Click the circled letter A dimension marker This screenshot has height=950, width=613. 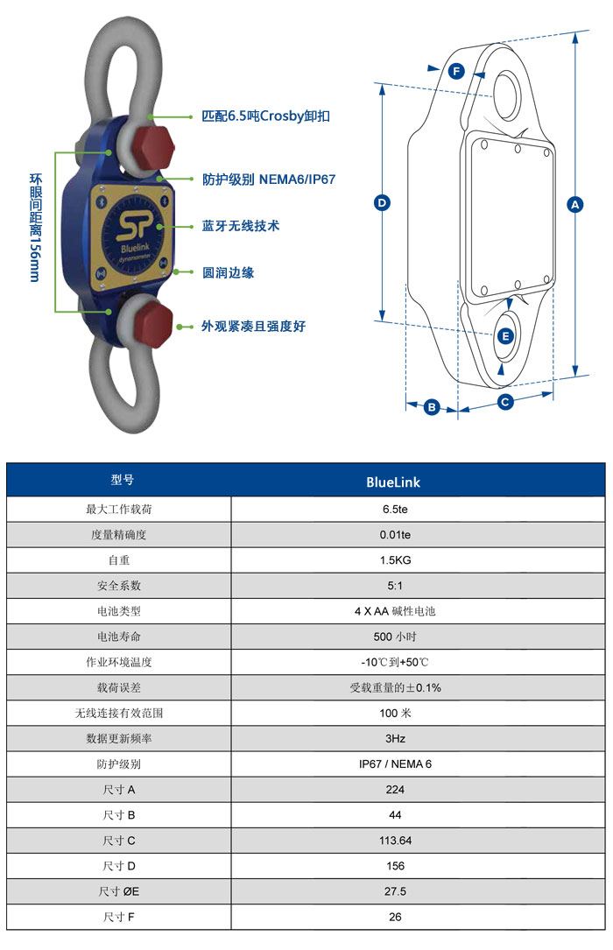574,204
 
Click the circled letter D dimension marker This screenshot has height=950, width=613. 382,202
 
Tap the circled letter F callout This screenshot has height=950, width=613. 456,72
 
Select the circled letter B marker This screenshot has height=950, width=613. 431,406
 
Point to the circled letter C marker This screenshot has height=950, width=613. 504,401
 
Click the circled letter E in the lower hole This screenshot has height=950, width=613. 505,336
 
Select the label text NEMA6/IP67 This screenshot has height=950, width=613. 297,179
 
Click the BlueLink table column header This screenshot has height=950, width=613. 393,482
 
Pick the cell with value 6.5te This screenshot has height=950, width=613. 395,510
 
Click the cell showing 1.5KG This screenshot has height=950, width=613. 395,560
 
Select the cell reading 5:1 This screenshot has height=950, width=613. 395,586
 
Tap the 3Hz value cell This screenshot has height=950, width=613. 395,739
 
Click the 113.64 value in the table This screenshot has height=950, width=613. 395,841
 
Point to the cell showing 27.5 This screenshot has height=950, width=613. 395,891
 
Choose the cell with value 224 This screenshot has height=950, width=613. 395,790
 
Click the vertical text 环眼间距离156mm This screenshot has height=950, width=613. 36,228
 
